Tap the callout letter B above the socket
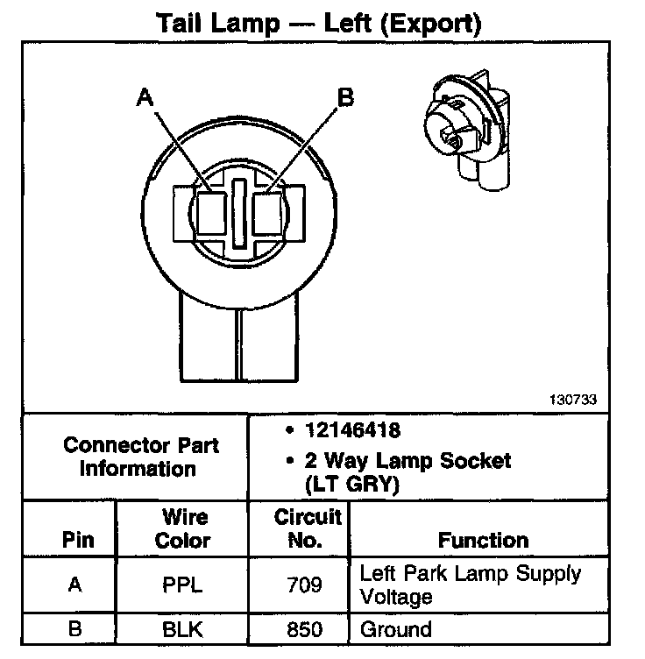[345, 97]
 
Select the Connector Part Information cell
[140, 456]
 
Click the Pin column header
[77, 540]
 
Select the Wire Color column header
[182, 528]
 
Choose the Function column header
[483, 540]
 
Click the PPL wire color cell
[182, 585]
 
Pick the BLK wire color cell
[182, 629]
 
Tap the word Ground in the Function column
[396, 629]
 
